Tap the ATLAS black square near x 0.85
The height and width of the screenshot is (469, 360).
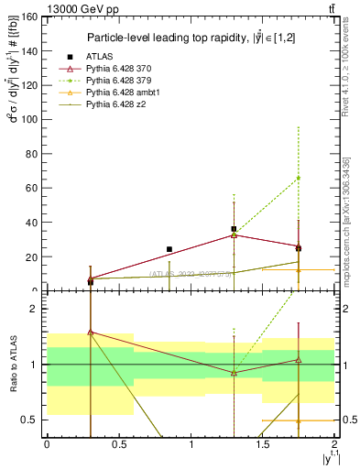pyautogui.click(x=169, y=249)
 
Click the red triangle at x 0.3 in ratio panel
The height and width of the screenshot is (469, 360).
pyautogui.click(x=90, y=333)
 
